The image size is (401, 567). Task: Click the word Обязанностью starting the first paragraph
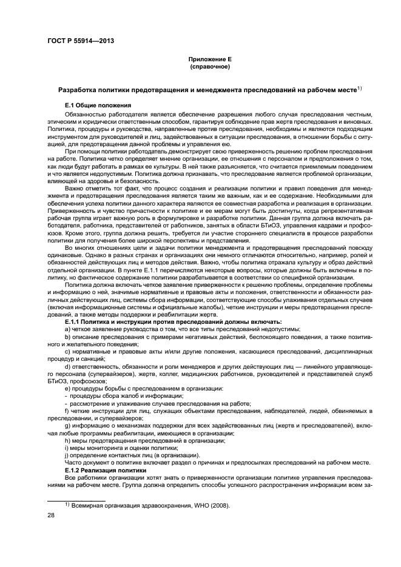86,113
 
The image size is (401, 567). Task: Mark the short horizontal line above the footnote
68,498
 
